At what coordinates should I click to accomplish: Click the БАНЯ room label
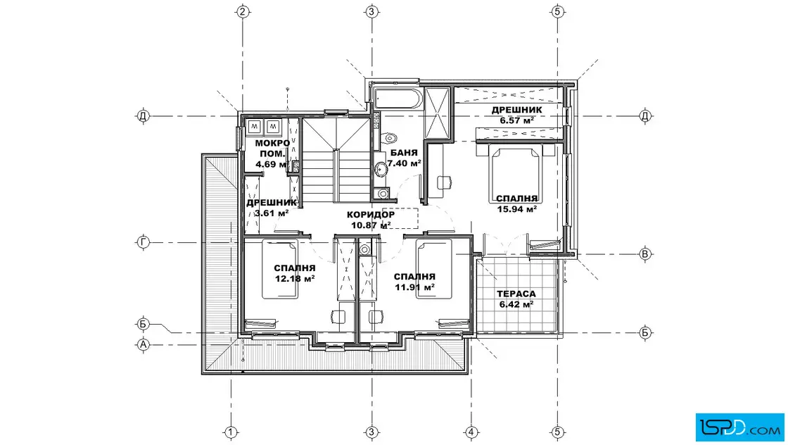(404, 153)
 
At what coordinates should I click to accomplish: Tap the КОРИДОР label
(370, 215)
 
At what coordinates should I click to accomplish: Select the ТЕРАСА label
(516, 294)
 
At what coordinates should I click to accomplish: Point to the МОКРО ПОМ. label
(272, 149)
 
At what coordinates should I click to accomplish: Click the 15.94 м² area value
(516, 209)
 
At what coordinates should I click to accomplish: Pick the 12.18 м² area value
(295, 279)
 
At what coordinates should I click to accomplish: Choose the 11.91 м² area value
(414, 287)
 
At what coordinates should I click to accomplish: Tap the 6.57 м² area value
(516, 120)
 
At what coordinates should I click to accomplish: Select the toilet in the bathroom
(388, 138)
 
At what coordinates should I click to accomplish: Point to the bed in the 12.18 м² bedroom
(279, 270)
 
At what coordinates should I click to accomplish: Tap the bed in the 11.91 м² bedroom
(433, 270)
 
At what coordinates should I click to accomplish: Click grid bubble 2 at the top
(243, 11)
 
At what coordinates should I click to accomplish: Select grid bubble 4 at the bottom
(471, 432)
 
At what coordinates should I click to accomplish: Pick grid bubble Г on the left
(144, 242)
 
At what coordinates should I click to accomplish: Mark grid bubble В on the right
(645, 254)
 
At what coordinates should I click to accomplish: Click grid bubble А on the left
(144, 344)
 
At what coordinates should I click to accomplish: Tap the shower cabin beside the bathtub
(436, 113)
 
